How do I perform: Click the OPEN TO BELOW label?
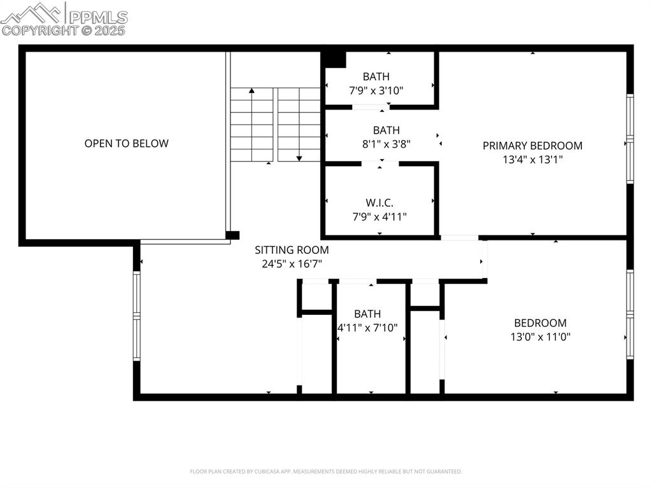point(126,143)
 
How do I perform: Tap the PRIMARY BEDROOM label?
point(532,146)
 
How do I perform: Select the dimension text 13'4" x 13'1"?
point(532,160)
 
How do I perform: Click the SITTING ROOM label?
point(292,250)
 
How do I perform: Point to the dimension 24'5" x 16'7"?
point(292,263)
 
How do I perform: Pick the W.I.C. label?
point(379,203)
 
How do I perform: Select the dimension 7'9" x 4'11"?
point(379,216)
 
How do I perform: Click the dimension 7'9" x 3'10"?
point(376,90)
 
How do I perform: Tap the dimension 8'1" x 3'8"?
point(386,144)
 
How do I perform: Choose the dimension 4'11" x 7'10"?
point(367,328)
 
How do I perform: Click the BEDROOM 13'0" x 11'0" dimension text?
point(540,337)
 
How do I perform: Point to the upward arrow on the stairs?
point(252,92)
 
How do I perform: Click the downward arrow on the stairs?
point(299,157)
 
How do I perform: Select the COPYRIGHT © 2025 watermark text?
point(64,30)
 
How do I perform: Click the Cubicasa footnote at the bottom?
point(325,471)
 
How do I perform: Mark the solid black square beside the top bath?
point(333,59)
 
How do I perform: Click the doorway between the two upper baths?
point(371,107)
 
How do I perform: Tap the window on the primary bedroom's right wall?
point(629,139)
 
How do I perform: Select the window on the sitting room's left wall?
point(136,316)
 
